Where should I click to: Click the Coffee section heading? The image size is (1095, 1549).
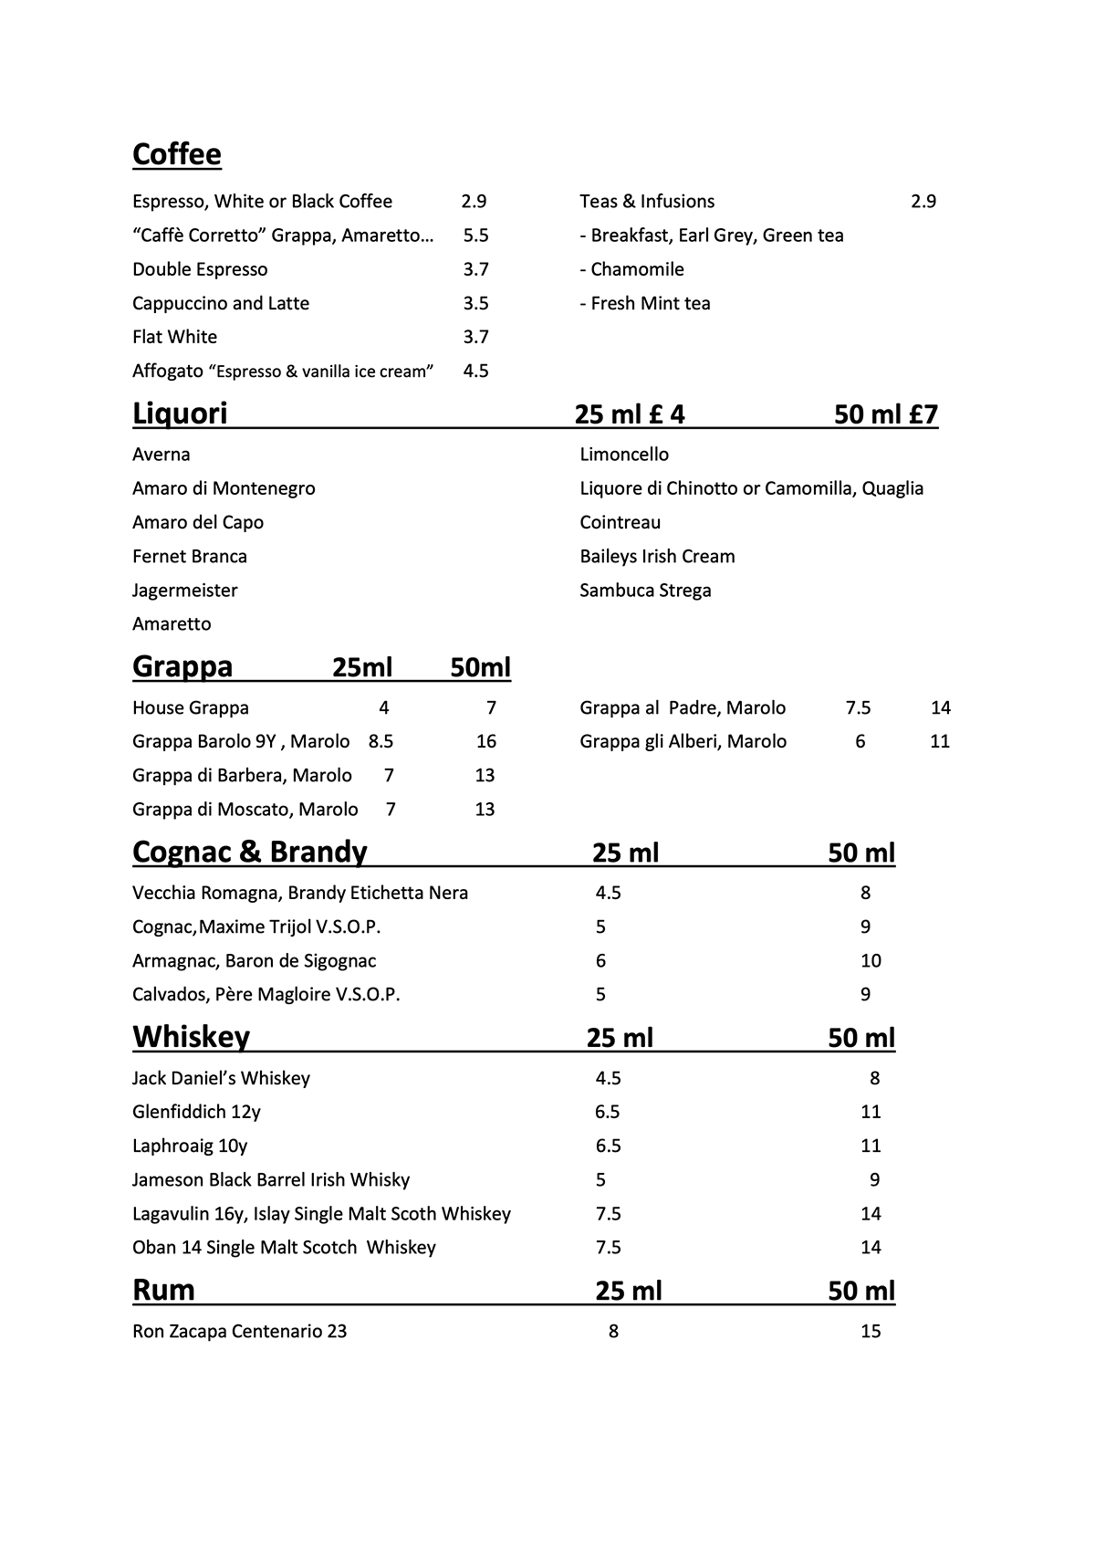176,154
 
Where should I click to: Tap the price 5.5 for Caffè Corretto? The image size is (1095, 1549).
475,235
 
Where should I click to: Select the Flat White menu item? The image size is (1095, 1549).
174,337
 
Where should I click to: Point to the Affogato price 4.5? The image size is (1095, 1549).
475,371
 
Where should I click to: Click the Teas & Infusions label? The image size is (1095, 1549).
647,202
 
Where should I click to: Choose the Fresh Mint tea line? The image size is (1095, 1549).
645,303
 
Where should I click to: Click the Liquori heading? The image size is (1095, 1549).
180,413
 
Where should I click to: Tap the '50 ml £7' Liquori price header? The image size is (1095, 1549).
885,414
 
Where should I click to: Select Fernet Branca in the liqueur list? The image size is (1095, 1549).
190,557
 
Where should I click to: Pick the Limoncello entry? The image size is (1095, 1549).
624,455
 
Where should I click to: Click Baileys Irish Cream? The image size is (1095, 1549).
657,557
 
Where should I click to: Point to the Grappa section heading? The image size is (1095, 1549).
182,667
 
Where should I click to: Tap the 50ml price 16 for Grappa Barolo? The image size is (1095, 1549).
485,741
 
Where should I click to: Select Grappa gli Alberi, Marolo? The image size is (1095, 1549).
683,741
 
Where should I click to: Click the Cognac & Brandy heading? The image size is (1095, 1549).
249,852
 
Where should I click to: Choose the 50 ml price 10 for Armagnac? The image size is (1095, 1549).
871,960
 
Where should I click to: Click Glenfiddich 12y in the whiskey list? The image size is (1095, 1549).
196,1112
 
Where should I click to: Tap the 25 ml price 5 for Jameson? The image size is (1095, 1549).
600,1179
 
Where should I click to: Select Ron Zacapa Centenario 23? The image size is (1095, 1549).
239,1331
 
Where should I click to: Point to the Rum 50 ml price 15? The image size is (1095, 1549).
871,1331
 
